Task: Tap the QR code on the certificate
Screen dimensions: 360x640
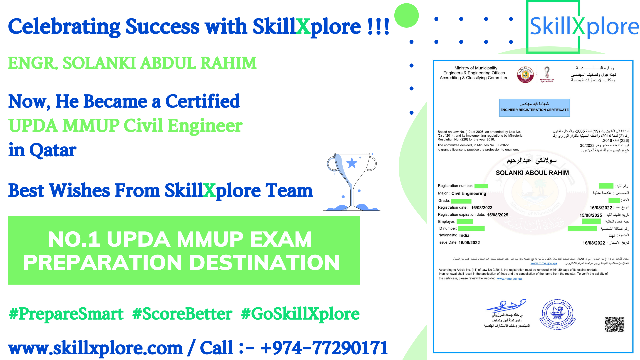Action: click(614, 324)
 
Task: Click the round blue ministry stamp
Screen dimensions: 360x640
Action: click(557, 314)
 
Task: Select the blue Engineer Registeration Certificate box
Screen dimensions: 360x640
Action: click(534, 108)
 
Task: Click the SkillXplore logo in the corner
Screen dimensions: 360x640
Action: click(584, 27)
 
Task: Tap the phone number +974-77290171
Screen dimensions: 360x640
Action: click(324, 348)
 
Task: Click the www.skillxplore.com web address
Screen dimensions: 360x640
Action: click(95, 348)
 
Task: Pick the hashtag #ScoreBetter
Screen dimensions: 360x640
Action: click(182, 314)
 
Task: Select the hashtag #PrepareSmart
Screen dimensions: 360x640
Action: click(66, 314)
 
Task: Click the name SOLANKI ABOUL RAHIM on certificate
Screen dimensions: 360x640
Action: click(532, 173)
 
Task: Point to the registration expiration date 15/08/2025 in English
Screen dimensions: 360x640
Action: click(497, 215)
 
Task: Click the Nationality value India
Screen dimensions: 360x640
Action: click(464, 235)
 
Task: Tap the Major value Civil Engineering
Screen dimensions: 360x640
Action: click(469, 193)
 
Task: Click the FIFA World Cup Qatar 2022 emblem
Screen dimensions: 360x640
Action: click(547, 74)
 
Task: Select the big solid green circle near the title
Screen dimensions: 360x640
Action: click(406, 16)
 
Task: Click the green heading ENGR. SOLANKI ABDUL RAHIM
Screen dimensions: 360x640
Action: click(132, 63)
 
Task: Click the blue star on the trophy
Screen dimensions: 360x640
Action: click(352, 163)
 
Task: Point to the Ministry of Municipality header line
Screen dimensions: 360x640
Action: click(476, 68)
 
